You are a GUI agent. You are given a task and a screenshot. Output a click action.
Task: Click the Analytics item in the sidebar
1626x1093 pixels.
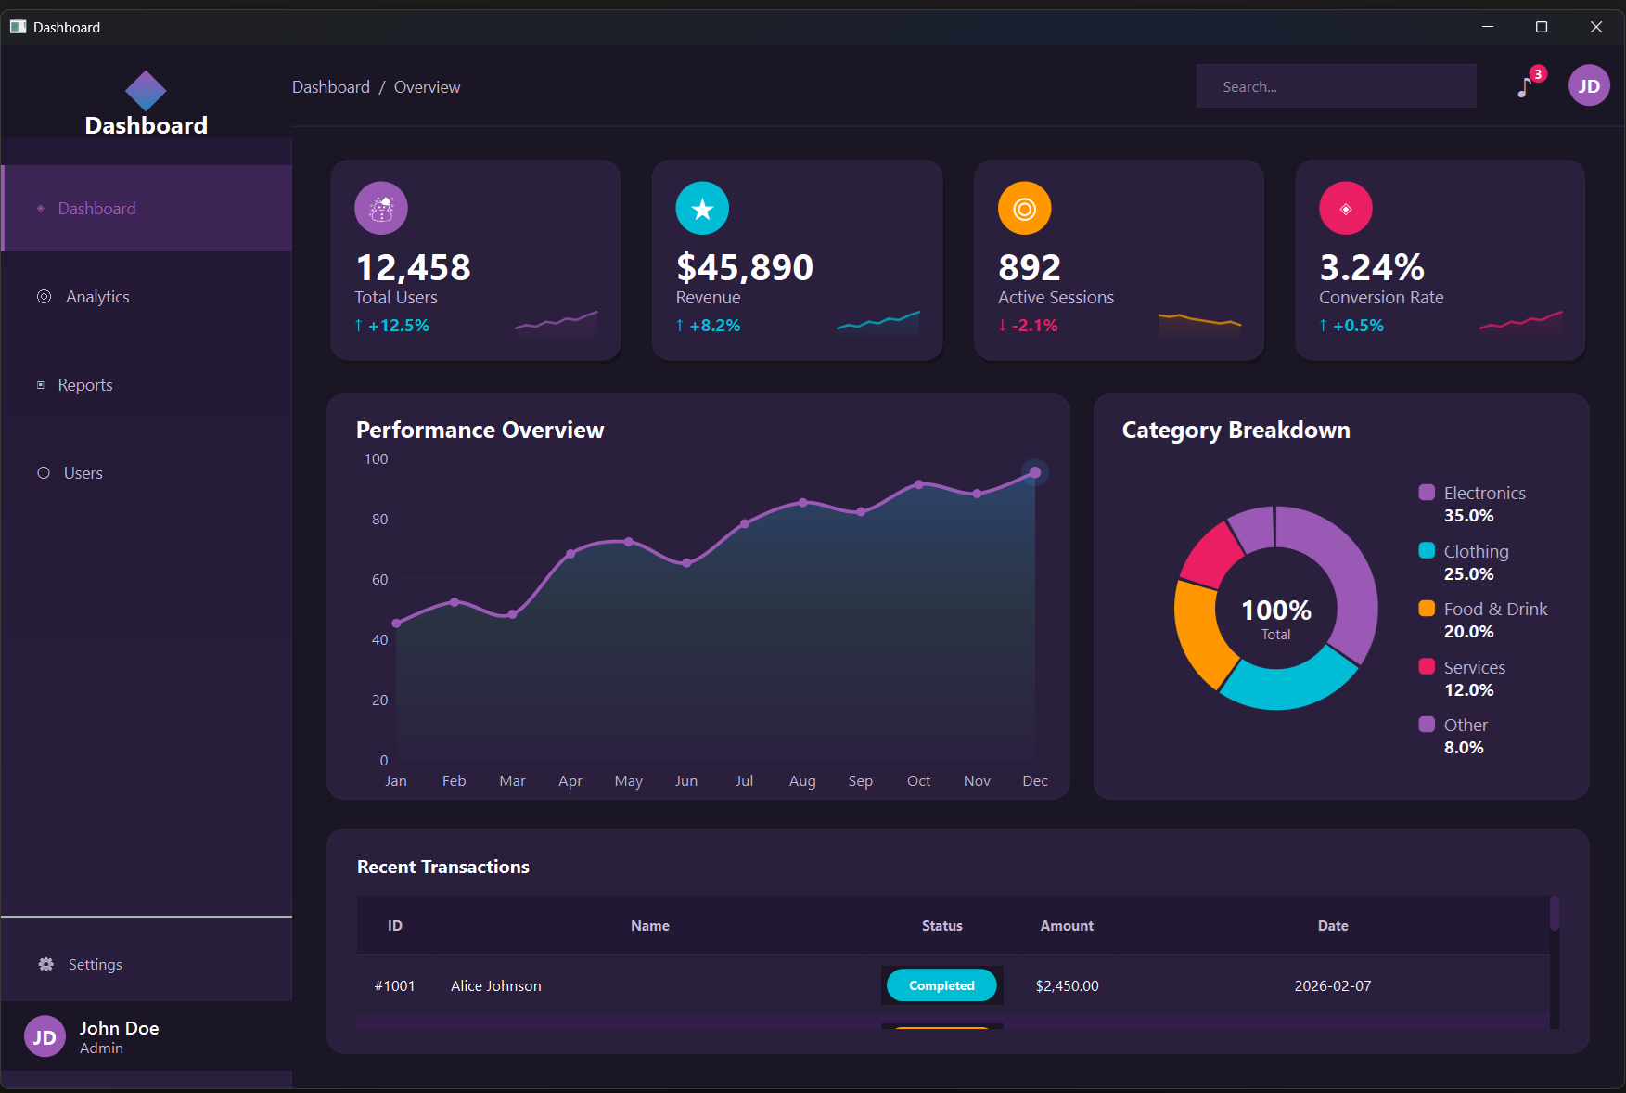96,297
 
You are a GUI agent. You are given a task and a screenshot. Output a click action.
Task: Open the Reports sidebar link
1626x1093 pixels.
84,385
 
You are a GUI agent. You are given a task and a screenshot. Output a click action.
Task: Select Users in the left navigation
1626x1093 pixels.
83,473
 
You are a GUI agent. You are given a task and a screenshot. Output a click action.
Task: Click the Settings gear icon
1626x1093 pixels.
45,965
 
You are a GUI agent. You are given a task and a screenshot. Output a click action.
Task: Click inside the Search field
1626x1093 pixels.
1336,86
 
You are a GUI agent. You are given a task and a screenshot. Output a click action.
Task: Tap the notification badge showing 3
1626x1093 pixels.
1538,74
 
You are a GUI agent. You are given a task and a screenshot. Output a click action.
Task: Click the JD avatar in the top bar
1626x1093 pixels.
1588,86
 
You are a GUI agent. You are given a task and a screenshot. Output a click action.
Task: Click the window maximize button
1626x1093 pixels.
1542,27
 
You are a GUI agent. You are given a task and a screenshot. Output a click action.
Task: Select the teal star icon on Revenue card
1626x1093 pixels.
702,209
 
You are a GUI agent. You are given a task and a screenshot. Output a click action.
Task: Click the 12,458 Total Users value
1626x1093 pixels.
414,268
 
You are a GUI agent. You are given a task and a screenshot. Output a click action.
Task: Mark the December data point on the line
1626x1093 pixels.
1035,473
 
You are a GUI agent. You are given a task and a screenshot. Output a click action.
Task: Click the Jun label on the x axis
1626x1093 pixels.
686,781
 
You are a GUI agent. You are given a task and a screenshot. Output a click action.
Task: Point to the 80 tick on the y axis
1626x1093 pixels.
380,520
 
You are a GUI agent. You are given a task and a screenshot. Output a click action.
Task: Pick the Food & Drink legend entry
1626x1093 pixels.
1494,610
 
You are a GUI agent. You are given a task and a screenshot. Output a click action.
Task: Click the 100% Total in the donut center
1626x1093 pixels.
1276,617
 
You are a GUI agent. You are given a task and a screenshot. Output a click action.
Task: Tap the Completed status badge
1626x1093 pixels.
941,985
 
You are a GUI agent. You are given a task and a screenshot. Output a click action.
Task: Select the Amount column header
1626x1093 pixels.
1067,926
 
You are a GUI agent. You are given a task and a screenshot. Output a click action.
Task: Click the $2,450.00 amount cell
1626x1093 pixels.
1067,986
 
